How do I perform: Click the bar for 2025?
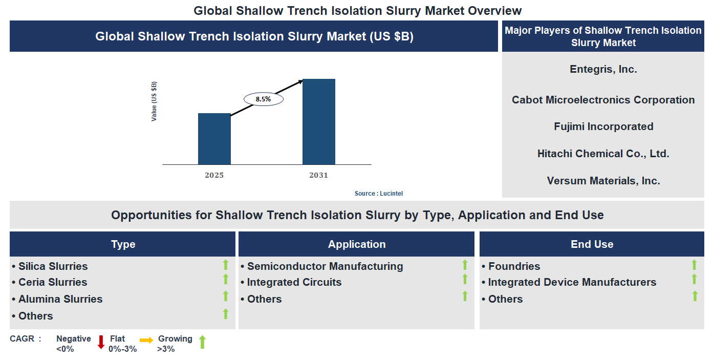coord(214,139)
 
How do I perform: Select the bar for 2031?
coord(318,122)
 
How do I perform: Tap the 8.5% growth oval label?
coord(263,99)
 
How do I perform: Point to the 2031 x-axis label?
coord(318,175)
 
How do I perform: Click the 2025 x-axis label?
coord(214,175)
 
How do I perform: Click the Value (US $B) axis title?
coord(154,101)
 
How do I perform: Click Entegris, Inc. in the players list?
coord(603,69)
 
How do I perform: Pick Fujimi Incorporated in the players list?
coord(603,126)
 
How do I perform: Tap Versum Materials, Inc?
coord(603,181)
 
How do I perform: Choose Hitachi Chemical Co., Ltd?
coord(603,154)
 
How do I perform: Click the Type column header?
coord(123,244)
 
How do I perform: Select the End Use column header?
coord(592,244)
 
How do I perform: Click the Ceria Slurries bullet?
coord(53,282)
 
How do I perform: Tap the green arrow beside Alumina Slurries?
coord(225,296)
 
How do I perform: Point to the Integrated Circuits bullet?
coord(294,282)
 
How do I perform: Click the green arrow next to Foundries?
coord(694,265)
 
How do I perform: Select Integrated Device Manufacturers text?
coord(572,282)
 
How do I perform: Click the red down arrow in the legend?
coord(101,342)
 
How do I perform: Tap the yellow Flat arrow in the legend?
coord(146,340)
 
